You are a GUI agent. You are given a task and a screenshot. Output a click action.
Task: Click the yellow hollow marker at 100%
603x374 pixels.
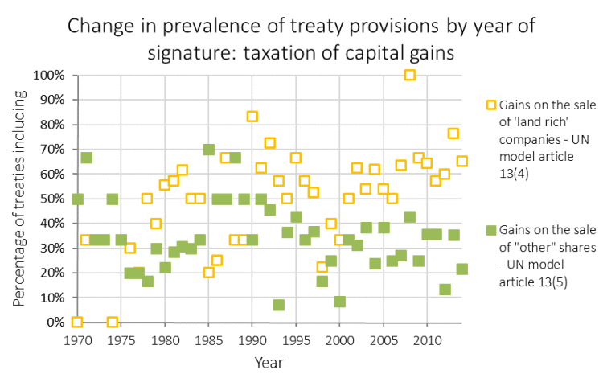[409, 75]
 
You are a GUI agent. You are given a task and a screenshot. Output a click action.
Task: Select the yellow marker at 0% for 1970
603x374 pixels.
[77, 322]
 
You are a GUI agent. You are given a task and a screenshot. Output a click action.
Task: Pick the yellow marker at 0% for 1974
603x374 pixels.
[113, 322]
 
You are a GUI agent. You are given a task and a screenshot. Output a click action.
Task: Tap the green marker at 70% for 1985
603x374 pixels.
[208, 150]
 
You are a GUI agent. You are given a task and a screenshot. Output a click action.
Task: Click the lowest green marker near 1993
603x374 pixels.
[278, 305]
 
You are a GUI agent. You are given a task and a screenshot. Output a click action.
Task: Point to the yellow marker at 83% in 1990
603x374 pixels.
[252, 117]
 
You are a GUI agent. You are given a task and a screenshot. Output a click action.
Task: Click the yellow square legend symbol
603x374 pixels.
[490, 105]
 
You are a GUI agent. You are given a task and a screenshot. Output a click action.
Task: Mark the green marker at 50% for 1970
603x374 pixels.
[77, 199]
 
